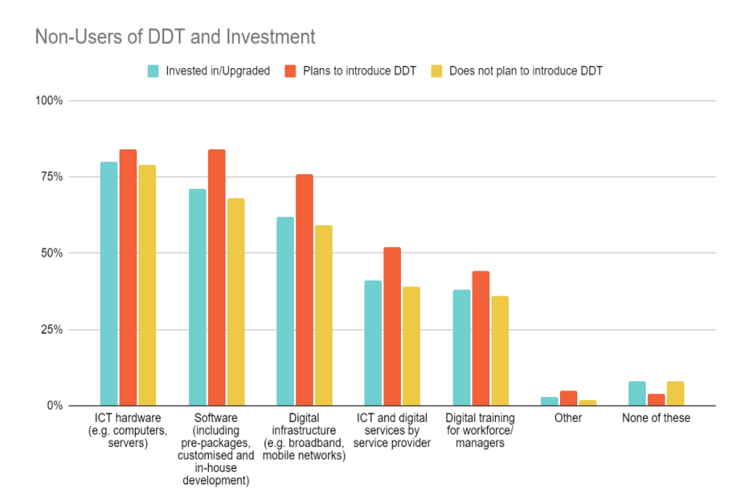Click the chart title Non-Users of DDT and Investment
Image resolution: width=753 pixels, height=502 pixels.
pos(175,37)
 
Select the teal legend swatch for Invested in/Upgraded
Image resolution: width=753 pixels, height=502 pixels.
pos(154,71)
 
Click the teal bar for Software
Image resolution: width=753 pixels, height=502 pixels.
pos(197,297)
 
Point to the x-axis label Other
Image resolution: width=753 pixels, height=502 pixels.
pos(568,418)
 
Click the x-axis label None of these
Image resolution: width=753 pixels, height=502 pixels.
pos(656,418)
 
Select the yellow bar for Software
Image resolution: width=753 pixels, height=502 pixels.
pos(235,302)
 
